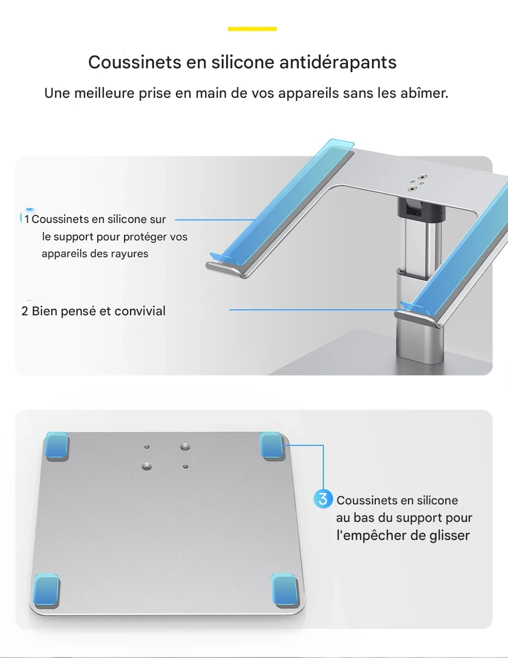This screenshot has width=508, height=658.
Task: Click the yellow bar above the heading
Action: point(252,29)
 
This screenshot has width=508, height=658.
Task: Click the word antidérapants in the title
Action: point(338,62)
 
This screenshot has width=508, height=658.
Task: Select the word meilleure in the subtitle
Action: point(104,93)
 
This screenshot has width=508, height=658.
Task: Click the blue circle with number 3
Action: point(323,499)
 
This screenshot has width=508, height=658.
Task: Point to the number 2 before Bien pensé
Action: point(25,311)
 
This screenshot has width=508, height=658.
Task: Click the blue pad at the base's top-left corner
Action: point(57,445)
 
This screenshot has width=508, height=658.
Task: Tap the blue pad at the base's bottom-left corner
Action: point(46,589)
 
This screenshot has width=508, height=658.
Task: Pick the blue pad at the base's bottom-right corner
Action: point(284,589)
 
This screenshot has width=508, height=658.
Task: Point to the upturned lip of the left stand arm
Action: point(226,267)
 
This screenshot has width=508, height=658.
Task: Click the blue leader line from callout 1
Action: point(215,220)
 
